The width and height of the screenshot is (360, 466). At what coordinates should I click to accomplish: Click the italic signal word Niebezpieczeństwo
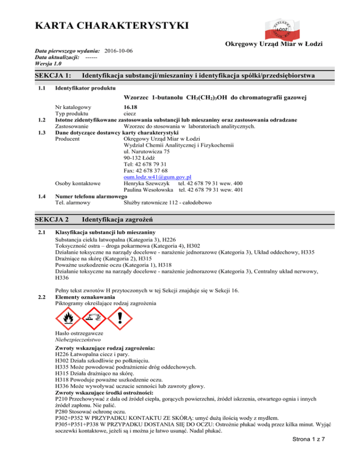[77, 339]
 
